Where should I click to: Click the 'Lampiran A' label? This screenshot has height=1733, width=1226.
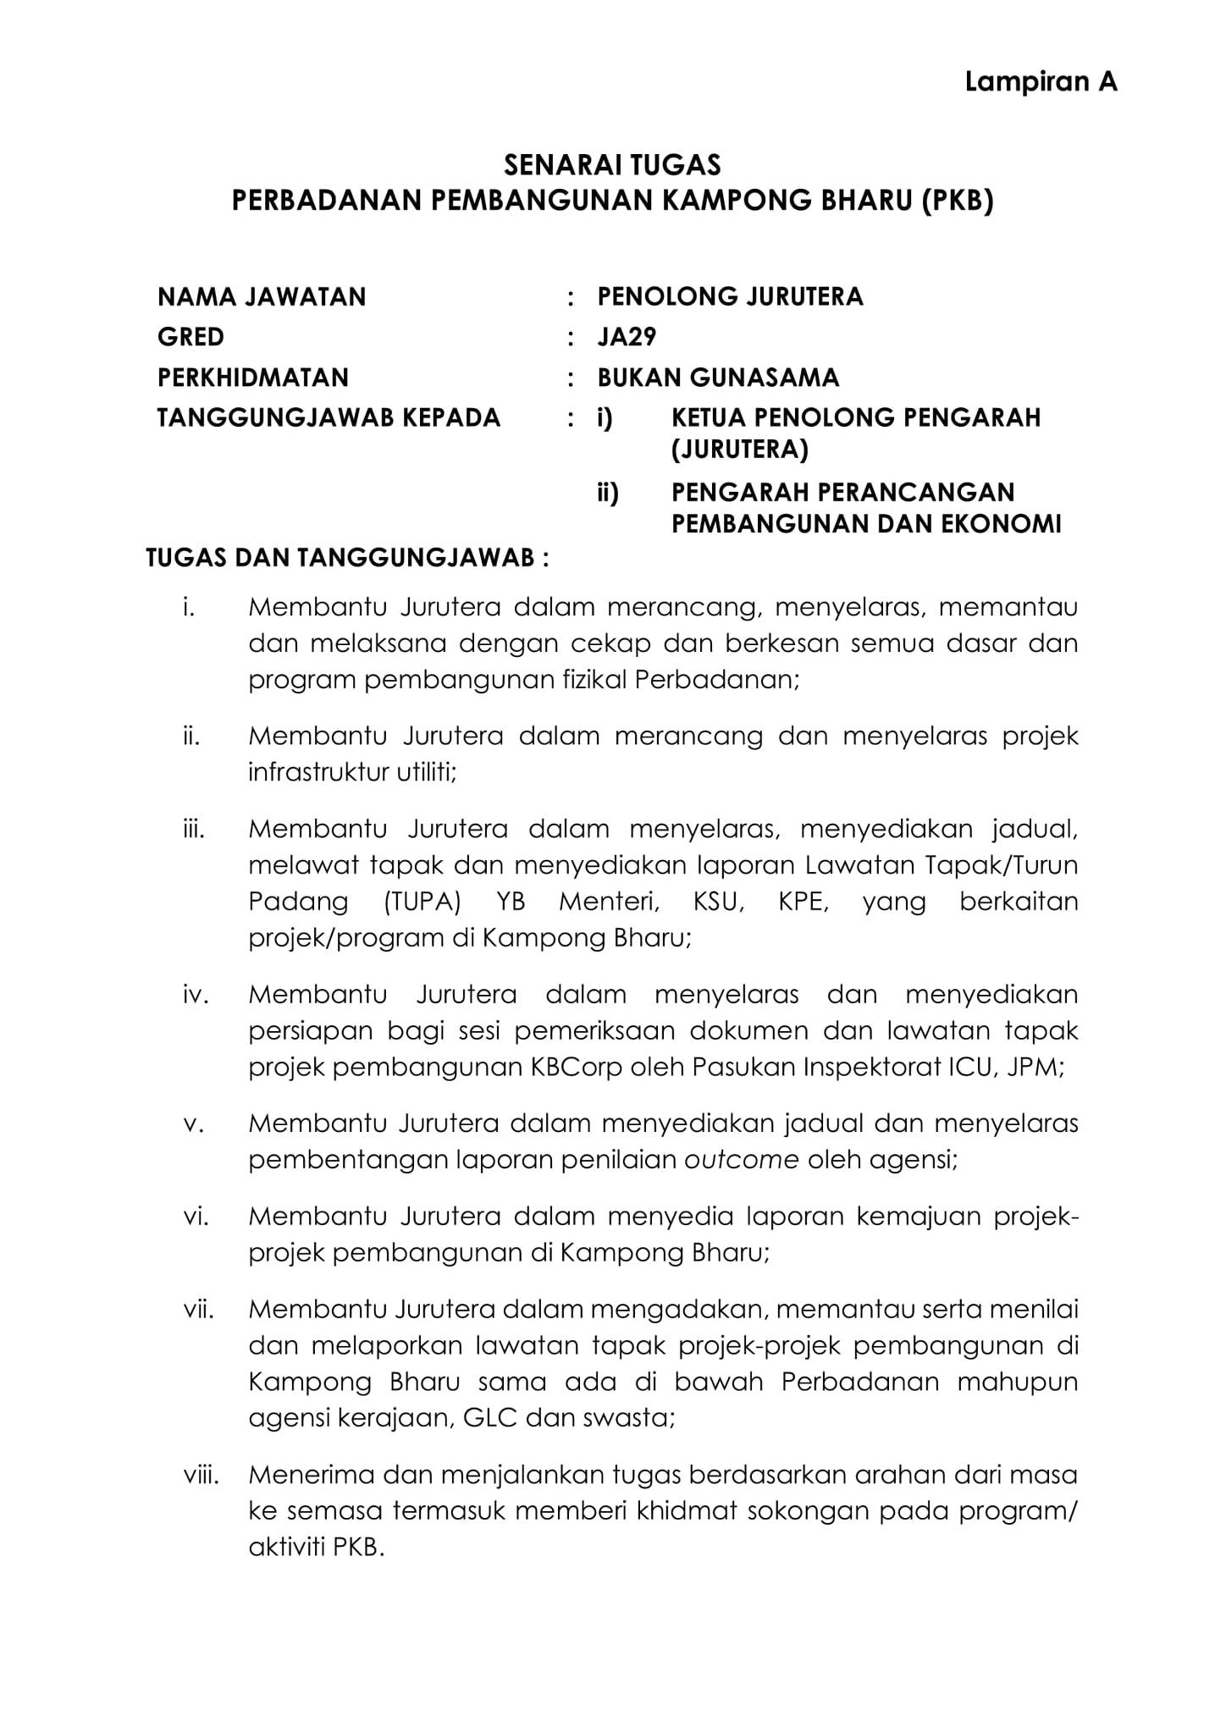coord(1041,82)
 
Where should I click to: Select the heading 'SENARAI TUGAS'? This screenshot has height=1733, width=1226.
coord(612,163)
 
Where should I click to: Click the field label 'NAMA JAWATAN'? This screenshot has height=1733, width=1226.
coord(262,297)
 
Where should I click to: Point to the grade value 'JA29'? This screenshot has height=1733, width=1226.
coord(627,337)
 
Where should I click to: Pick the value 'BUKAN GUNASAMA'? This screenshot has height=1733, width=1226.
coord(718,377)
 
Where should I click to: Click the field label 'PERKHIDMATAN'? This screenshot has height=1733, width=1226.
coord(252,377)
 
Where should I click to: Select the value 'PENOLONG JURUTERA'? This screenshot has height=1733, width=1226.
coord(730,297)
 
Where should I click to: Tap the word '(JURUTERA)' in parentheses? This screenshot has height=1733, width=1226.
coord(739,450)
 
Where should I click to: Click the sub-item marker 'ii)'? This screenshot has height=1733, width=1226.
coord(607,493)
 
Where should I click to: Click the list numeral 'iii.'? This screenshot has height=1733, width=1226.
coord(194,829)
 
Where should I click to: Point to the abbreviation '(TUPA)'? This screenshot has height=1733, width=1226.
coord(422,902)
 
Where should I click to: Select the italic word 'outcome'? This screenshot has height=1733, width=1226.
coord(741,1159)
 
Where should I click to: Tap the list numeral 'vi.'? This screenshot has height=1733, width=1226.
coord(196,1217)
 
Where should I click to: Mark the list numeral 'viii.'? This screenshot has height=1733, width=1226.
coord(201,1476)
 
